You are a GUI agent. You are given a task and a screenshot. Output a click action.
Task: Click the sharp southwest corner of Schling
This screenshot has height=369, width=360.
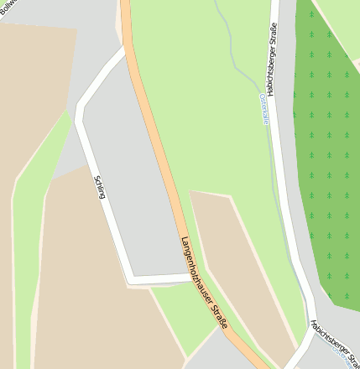coord(130,278)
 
